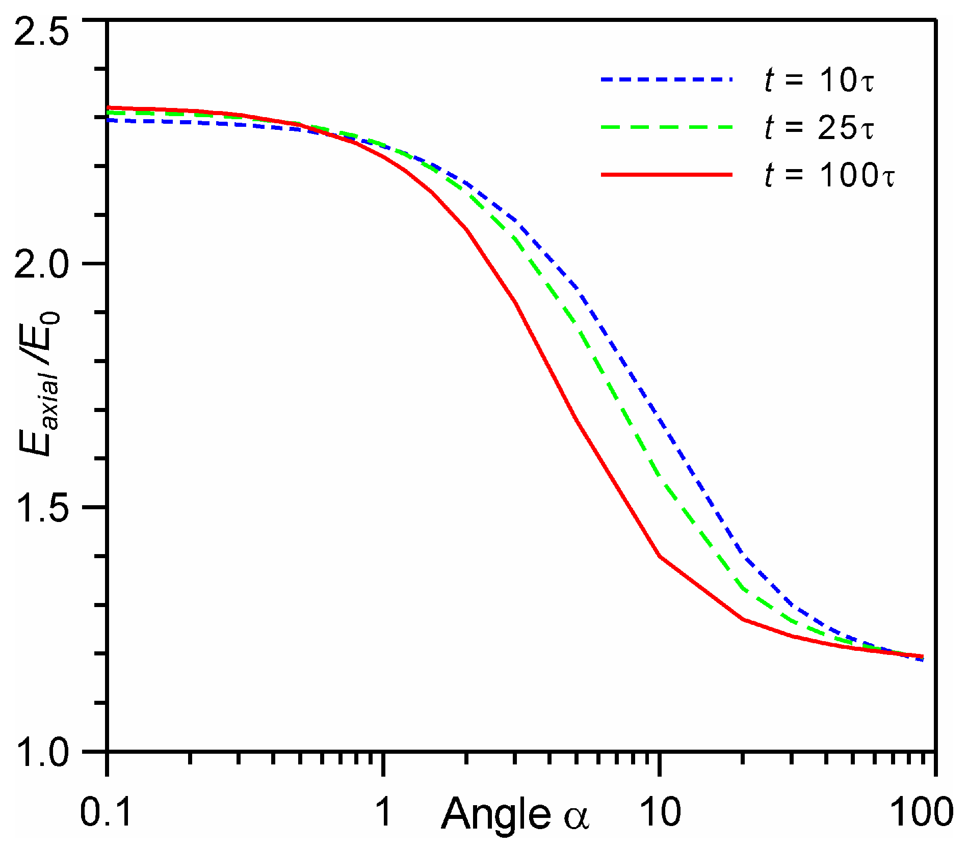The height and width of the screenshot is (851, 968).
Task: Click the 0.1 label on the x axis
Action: point(106,812)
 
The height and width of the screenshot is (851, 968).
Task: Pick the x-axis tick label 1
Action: point(384,812)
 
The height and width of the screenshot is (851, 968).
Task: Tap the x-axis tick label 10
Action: point(660,812)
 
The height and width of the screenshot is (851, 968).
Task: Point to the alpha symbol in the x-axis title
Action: point(577,817)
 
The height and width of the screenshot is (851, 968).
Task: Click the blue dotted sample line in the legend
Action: point(666,79)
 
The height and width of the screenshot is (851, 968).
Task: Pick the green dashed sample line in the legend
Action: point(666,127)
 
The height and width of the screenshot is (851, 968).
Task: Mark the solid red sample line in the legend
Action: point(666,175)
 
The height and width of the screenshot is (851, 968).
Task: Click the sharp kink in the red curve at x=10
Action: point(660,556)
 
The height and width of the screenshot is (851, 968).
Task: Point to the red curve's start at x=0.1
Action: point(109,107)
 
